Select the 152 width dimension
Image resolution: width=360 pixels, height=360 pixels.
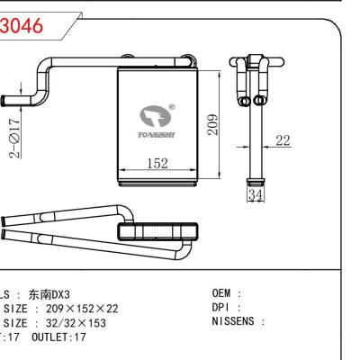[x=157, y=163]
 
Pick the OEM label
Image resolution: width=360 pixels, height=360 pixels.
[x=223, y=293]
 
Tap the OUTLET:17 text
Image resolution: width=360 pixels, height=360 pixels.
[x=59, y=335]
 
